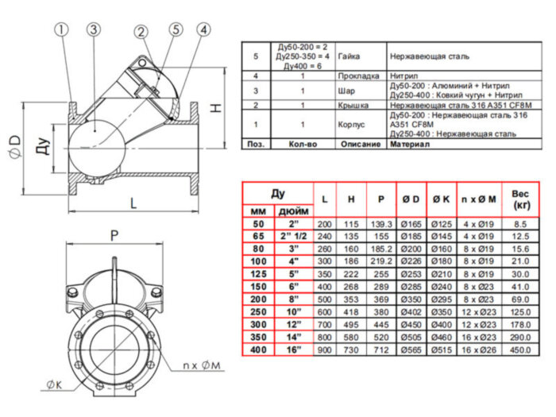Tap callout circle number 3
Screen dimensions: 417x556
pyautogui.click(x=93, y=30)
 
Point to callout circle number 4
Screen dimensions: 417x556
pyautogui.click(x=204, y=30)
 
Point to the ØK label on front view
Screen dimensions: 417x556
pyautogui.click(x=55, y=386)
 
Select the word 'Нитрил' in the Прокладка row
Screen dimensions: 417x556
pyautogui.click(x=405, y=75)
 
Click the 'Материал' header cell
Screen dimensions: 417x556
pyautogui.click(x=407, y=145)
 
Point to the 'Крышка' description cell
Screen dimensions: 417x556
pyautogui.click(x=351, y=105)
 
